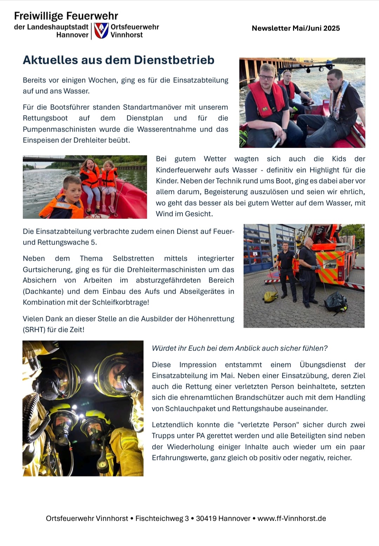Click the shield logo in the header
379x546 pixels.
point(101,31)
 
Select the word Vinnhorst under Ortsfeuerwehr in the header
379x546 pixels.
point(127,35)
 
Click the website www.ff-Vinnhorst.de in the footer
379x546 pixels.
point(292,518)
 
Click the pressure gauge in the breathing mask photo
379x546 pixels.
point(103,464)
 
